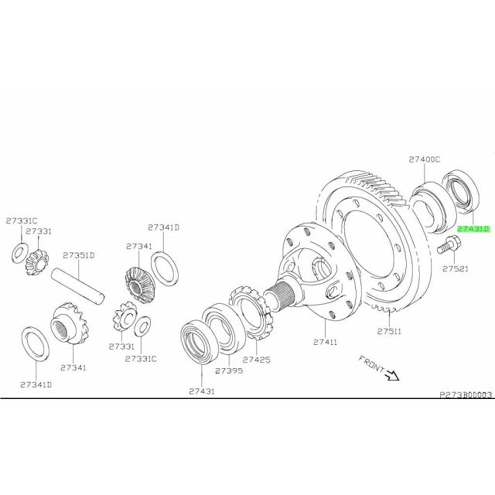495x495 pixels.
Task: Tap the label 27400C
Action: pyautogui.click(x=424, y=159)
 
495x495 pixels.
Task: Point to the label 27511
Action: pyautogui.click(x=389, y=331)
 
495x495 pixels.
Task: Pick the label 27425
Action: pyautogui.click(x=256, y=359)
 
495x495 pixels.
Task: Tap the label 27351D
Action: pyautogui.click(x=79, y=255)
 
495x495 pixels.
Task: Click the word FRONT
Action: pyautogui.click(x=371, y=364)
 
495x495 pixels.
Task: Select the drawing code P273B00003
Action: pyautogui.click(x=465, y=395)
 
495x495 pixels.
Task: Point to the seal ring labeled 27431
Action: pyautogui.click(x=197, y=342)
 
